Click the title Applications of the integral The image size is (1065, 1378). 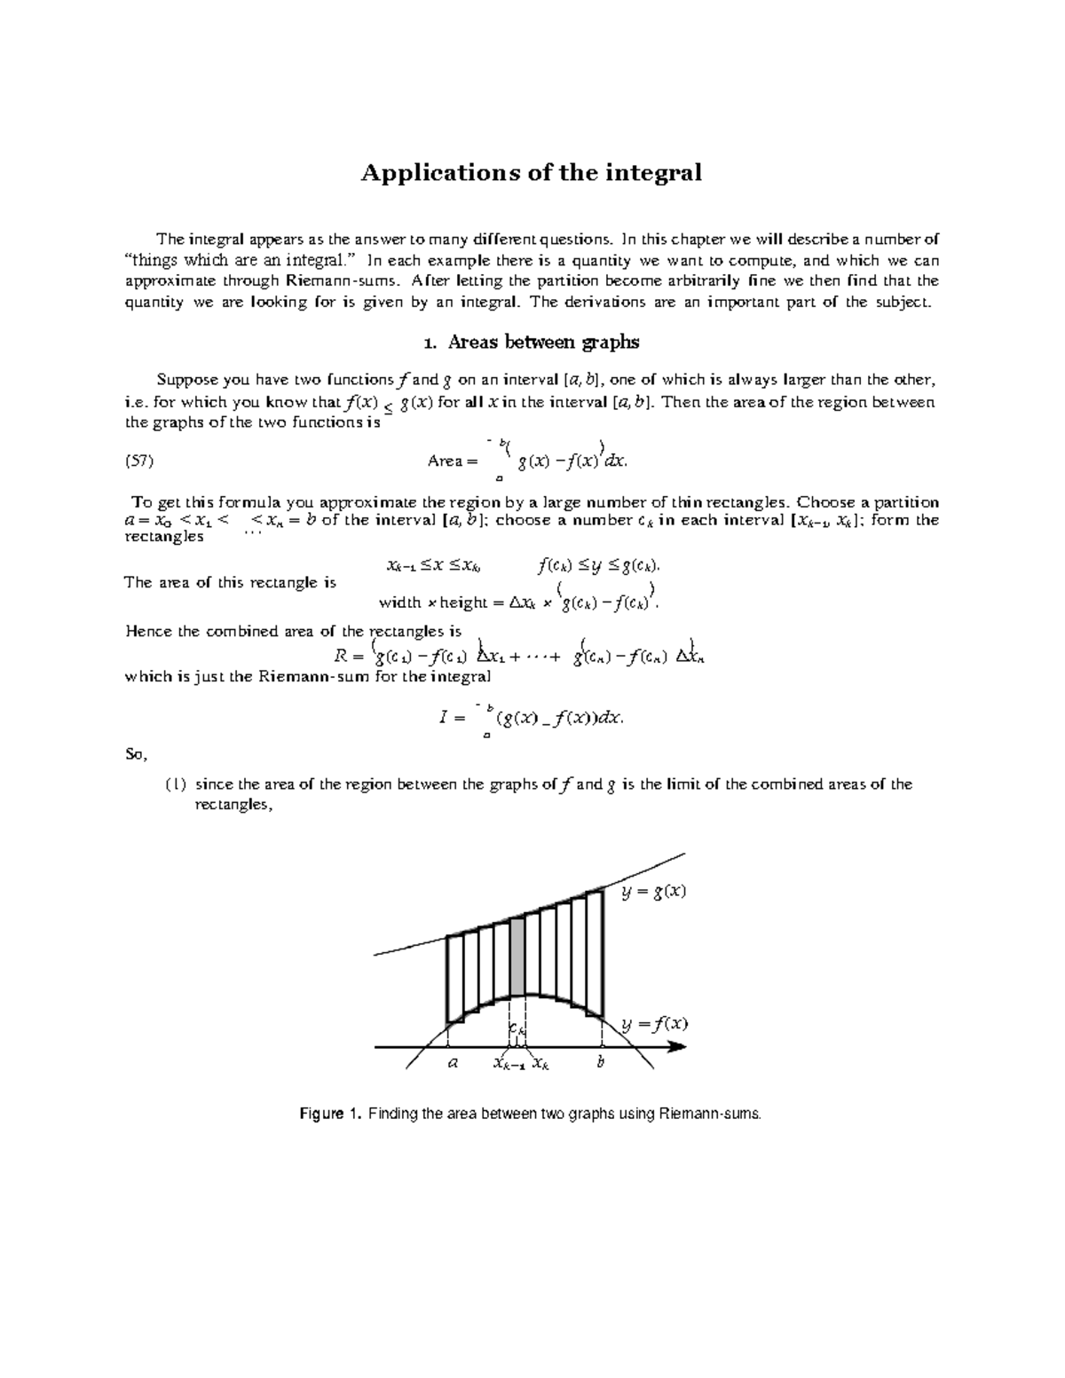[531, 172]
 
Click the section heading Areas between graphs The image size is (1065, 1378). [531, 342]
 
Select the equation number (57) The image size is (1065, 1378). [140, 461]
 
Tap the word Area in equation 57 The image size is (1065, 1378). [446, 461]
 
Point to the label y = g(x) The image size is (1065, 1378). [654, 892]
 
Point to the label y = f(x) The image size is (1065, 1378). [654, 1023]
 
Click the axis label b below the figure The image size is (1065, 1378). [601, 1062]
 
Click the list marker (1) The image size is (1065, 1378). [175, 784]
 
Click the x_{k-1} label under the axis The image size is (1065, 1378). [509, 1064]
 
